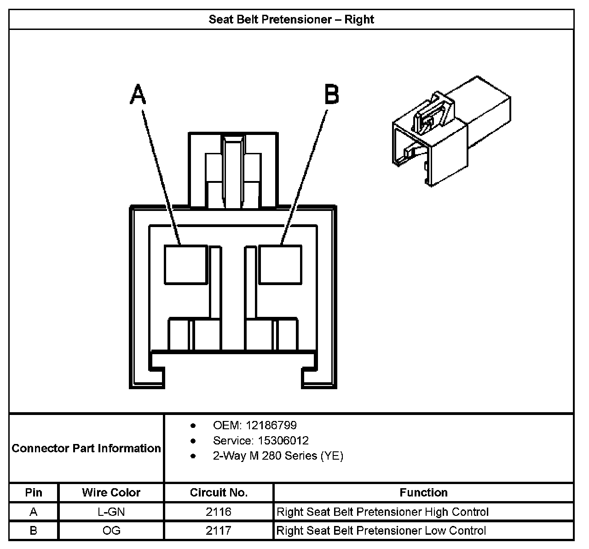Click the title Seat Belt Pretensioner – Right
pyautogui.click(x=291, y=19)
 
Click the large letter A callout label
pyautogui.click(x=138, y=95)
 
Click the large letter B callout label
pyautogui.click(x=332, y=95)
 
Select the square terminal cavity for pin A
pyautogui.click(x=185, y=264)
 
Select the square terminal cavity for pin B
pyautogui.click(x=280, y=264)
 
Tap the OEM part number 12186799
pyautogui.click(x=271, y=425)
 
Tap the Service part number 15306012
pyautogui.click(x=283, y=440)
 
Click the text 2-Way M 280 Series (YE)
pyautogui.click(x=278, y=456)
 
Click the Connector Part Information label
pyautogui.click(x=87, y=448)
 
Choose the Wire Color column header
pyautogui.click(x=111, y=492)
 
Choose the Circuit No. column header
pyautogui.click(x=219, y=492)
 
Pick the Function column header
pyautogui.click(x=423, y=492)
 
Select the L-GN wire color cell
pyautogui.click(x=111, y=512)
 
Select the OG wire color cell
pyautogui.click(x=111, y=531)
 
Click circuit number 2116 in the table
pyautogui.click(x=219, y=512)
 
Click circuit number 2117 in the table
pyautogui.click(x=219, y=531)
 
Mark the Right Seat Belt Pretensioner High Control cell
pyautogui.click(x=382, y=512)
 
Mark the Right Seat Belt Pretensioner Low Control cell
pyautogui.click(x=381, y=531)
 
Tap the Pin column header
pyautogui.click(x=34, y=492)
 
